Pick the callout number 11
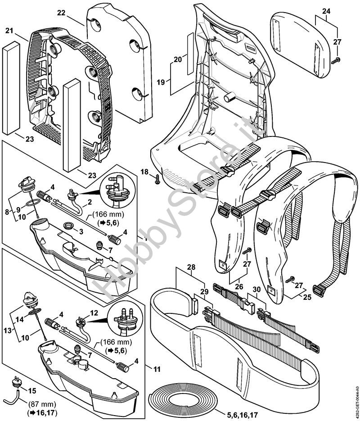[157, 369]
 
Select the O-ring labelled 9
[30, 205]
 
